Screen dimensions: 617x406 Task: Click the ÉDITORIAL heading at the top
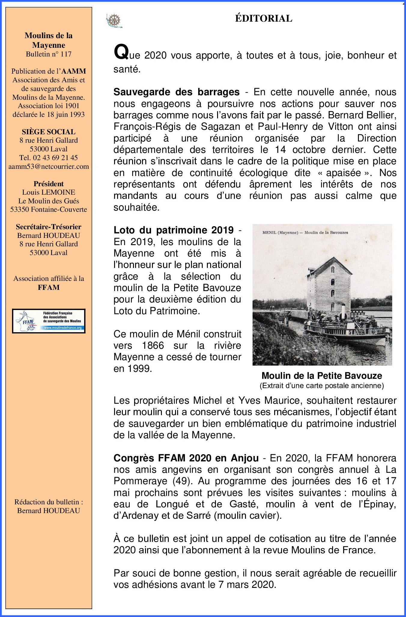[263, 19]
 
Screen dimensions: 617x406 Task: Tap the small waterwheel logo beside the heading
[114, 21]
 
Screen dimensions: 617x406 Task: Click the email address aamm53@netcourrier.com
[49, 166]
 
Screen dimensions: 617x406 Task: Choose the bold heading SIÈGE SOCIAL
[49, 132]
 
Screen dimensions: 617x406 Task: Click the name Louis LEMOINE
[49, 192]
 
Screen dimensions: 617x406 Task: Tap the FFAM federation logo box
[49, 321]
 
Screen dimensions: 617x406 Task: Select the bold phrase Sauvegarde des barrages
[177, 92]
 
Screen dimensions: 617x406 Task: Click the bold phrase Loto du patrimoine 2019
[174, 230]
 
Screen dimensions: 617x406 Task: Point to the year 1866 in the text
[153, 345]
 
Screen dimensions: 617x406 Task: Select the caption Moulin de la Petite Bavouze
[322, 376]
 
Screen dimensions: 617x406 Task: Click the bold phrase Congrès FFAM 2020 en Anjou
[186, 458]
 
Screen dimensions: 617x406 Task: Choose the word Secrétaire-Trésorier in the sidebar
[49, 227]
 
